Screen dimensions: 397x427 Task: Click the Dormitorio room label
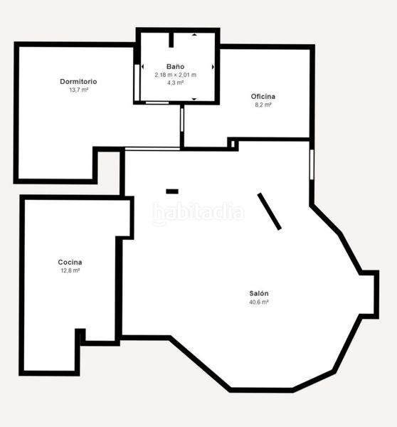point(78,81)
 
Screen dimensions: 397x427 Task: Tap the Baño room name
point(175,66)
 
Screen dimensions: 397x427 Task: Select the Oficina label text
point(263,96)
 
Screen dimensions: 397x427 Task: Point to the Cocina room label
point(70,262)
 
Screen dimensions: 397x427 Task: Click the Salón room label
point(259,293)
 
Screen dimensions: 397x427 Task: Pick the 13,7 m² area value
point(79,90)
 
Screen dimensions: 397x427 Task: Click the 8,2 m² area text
point(263,105)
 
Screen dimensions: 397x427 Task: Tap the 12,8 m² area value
point(70,270)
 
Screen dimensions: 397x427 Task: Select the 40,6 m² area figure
point(259,302)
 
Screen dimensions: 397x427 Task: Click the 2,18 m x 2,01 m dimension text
point(176,75)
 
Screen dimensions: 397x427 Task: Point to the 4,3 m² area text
point(175,83)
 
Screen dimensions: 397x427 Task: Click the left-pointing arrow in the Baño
point(143,67)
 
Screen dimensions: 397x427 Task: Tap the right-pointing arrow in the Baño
point(213,67)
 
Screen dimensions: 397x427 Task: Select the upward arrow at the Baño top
point(194,35)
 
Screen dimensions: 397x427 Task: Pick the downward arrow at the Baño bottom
point(194,99)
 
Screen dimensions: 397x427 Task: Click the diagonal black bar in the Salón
point(270,211)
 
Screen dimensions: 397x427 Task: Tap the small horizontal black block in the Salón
point(172,191)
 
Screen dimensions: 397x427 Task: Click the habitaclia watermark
point(198,213)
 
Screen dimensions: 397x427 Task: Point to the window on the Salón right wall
point(312,164)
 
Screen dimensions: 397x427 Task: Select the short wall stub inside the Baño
point(171,40)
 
